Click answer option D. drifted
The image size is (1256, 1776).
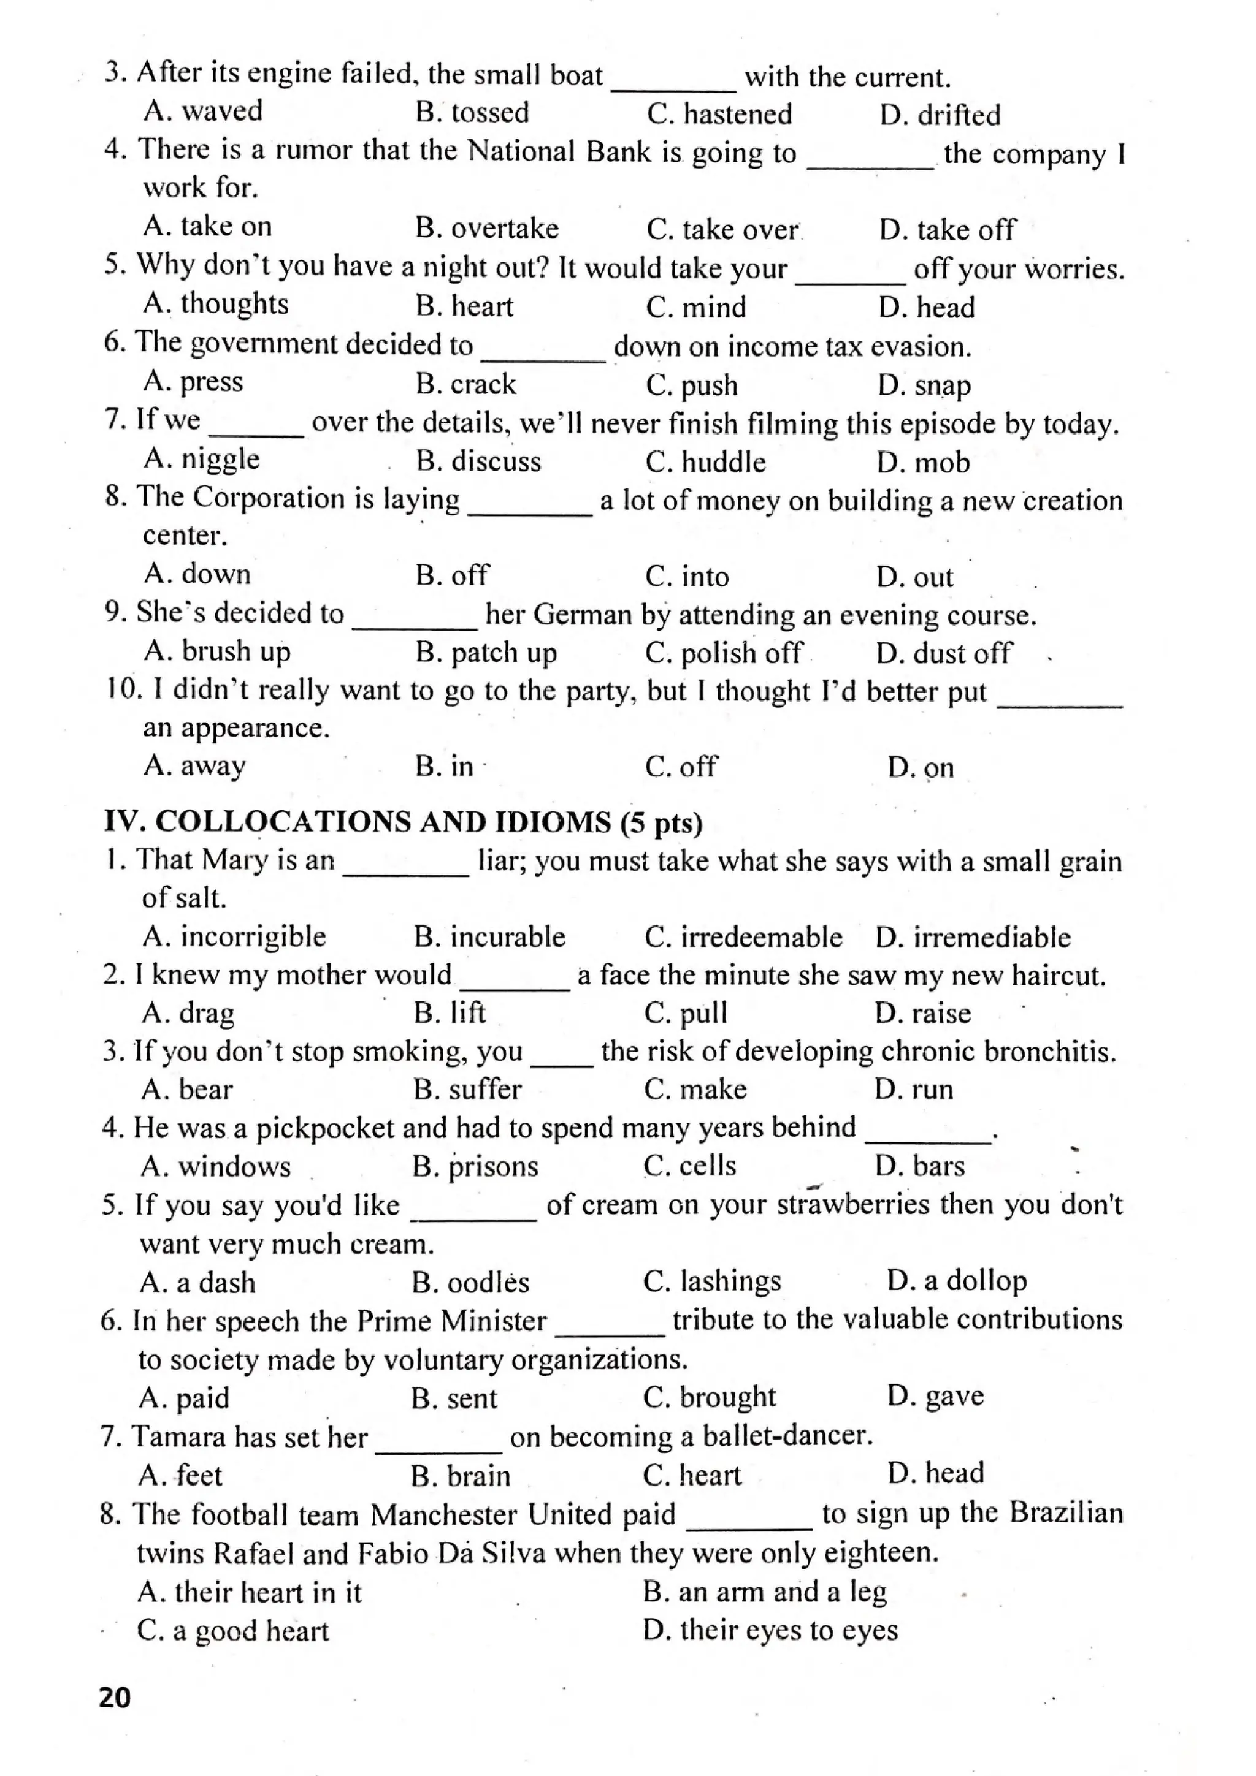point(939,115)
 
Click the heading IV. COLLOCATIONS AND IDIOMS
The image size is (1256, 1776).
point(402,822)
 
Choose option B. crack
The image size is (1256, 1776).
point(465,384)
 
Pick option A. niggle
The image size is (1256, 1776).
point(201,460)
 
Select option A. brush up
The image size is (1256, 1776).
point(216,652)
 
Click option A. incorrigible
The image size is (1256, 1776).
point(234,937)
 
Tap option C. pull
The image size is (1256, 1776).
point(686,1013)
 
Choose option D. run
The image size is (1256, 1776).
point(913,1090)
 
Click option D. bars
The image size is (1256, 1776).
point(919,1166)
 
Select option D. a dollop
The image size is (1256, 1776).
point(957,1281)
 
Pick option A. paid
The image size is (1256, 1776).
point(184,1398)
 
